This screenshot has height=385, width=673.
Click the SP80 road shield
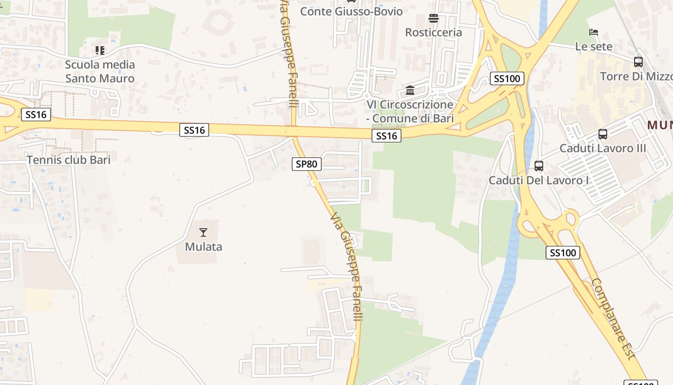pos(306,164)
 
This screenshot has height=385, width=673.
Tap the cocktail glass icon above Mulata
pos(203,232)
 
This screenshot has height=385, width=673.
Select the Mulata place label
pos(204,247)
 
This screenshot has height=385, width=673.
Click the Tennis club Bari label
pos(68,160)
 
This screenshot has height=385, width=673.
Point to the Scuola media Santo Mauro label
pos(100,71)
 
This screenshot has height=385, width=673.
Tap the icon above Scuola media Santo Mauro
pos(100,50)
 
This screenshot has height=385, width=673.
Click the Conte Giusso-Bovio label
pos(351,11)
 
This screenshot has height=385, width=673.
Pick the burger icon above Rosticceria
pos(434,18)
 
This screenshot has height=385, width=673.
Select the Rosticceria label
pos(434,32)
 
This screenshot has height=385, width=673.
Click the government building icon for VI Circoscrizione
pos(410,90)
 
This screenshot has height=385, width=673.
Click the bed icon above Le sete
pos(594,32)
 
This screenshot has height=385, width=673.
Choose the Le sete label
pos(594,46)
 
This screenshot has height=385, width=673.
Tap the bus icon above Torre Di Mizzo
pos(638,62)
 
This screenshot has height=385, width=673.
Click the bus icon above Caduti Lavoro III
pos(603,134)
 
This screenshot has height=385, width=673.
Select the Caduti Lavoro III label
pos(603,148)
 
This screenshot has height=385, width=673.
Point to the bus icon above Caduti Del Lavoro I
pos(539,166)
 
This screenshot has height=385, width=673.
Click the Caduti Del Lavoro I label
pos(539,180)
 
